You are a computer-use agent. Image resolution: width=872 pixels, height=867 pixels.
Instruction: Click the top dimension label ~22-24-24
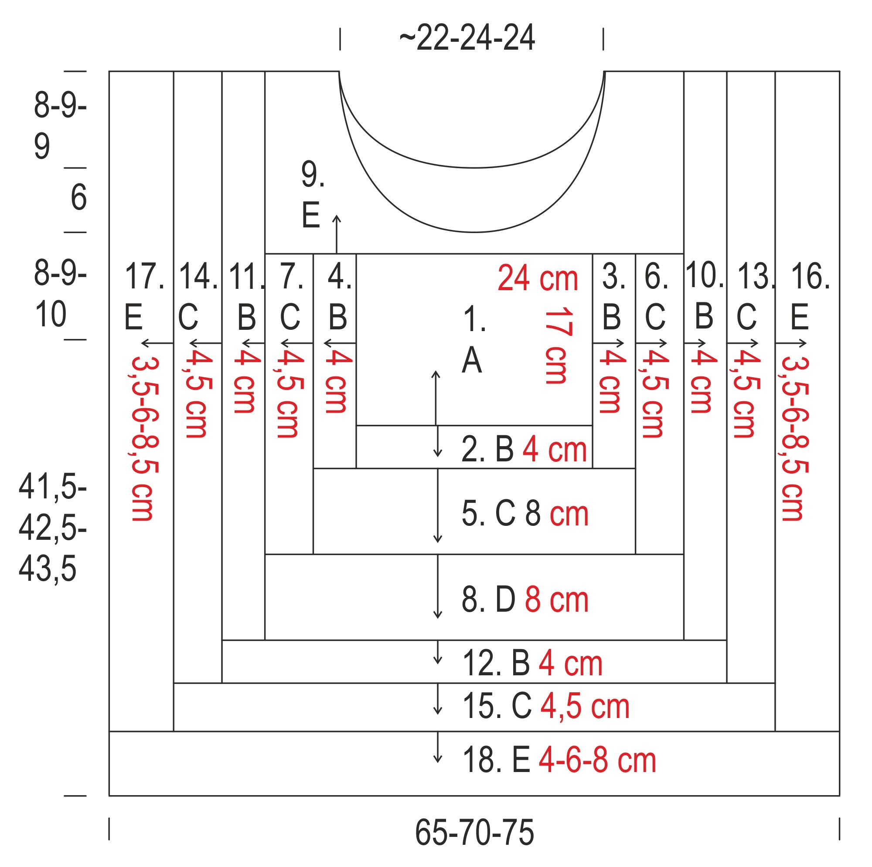pos(467,39)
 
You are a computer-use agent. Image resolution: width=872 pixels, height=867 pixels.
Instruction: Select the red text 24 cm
pos(538,279)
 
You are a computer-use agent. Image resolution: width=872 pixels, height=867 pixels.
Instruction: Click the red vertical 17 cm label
pos(559,346)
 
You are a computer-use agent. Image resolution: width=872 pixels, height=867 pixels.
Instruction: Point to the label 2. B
pos(487,450)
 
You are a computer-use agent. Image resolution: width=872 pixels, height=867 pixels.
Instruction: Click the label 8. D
pos(488,599)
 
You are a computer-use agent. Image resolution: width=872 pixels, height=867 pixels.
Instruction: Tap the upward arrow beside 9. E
pos(336,234)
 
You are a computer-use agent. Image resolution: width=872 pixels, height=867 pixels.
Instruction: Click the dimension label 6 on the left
pos(78,198)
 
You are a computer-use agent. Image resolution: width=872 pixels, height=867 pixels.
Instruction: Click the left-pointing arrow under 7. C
pos(296,343)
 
